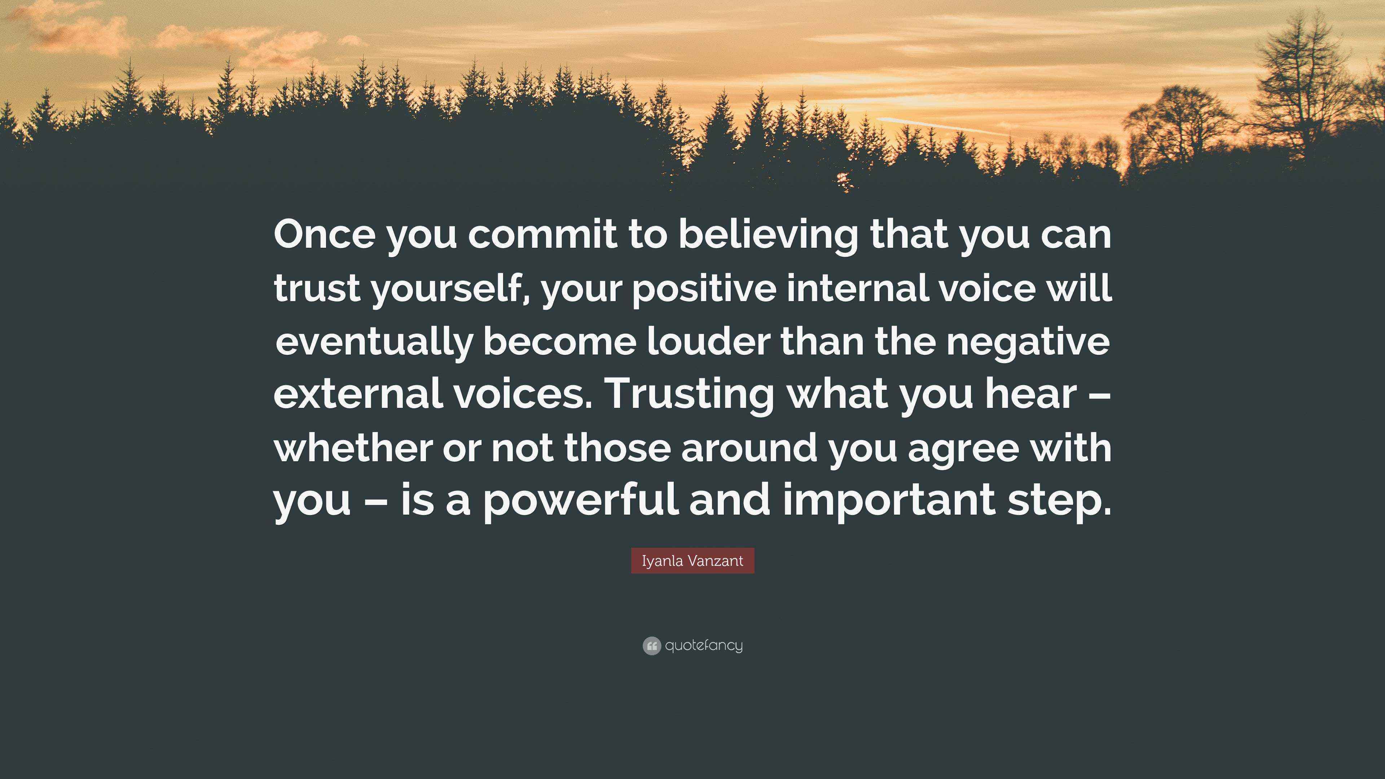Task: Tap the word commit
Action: (x=542, y=235)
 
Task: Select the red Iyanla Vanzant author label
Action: (x=692, y=561)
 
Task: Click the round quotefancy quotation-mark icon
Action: (x=651, y=646)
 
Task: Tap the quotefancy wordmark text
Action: (x=704, y=645)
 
